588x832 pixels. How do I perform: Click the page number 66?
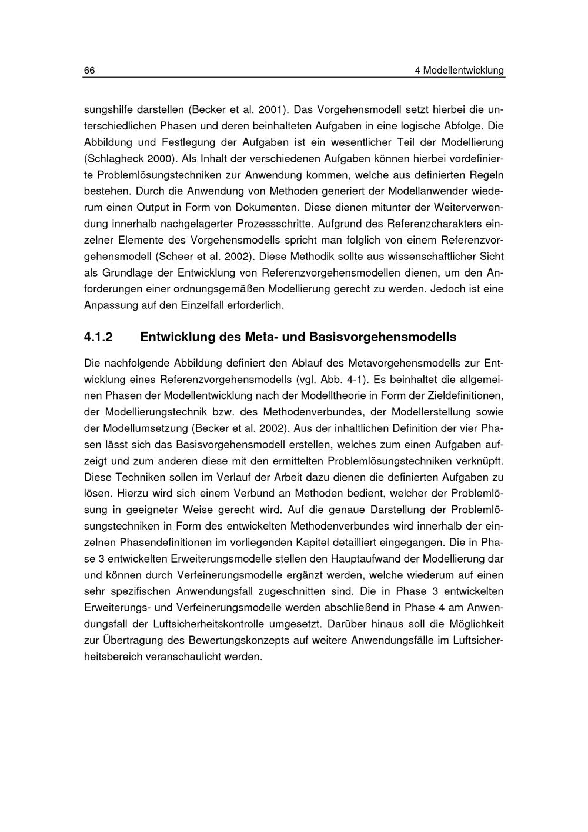89,71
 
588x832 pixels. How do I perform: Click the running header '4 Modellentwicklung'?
459,71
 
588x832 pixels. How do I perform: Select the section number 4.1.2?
98,338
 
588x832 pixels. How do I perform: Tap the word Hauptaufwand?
367,558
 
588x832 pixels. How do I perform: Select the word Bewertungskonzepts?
240,640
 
